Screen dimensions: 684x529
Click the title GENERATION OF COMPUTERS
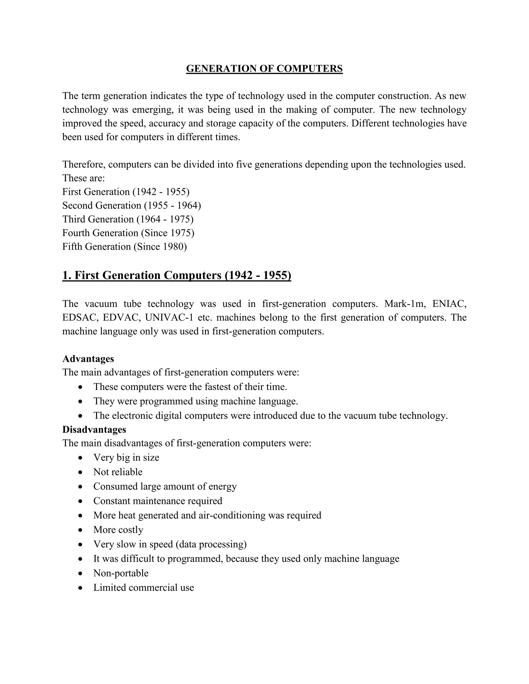pyautogui.click(x=264, y=69)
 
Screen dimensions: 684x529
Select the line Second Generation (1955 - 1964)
pyautogui.click(x=132, y=205)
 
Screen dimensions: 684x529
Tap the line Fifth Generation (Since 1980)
pyautogui.click(x=125, y=247)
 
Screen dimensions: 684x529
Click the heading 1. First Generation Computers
pyautogui.click(x=176, y=275)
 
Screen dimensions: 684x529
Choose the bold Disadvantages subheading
pyautogui.click(x=94, y=430)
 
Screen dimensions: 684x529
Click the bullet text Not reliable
pyautogui.click(x=118, y=472)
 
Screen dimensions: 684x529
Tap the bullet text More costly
pyautogui.click(x=118, y=530)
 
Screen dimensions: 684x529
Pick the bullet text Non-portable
pyautogui.click(x=121, y=573)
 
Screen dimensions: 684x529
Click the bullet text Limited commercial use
pyautogui.click(x=144, y=587)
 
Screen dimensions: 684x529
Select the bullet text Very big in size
pyautogui.click(x=126, y=458)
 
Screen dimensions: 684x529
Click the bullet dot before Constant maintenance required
pyautogui.click(x=81, y=501)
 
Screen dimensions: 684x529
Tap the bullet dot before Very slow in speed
pyautogui.click(x=81, y=544)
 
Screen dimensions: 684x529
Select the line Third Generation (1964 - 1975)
pyautogui.click(x=128, y=219)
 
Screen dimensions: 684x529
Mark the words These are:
pyautogui.click(x=83, y=178)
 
